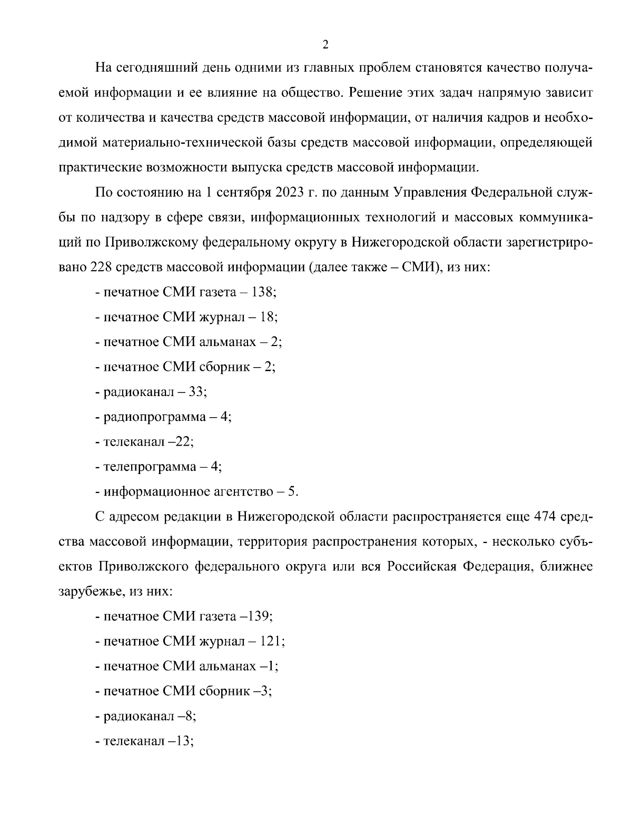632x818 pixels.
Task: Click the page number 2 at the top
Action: [325, 45]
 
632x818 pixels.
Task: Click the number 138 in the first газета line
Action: [264, 292]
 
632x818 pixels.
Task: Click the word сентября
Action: [242, 193]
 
